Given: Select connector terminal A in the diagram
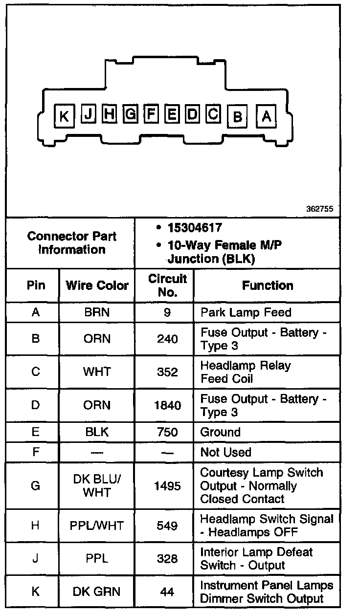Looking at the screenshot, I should click(x=267, y=116).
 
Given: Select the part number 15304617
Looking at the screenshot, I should click(x=195, y=228).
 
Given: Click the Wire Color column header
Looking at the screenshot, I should click(x=97, y=285).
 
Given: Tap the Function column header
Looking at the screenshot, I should click(x=268, y=285).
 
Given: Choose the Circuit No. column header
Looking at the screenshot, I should click(x=167, y=285).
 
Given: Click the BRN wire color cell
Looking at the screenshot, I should click(x=97, y=312).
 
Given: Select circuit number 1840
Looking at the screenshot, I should click(x=167, y=405).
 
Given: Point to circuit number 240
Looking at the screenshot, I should click(x=167, y=339).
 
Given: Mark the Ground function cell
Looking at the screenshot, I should click(x=221, y=432).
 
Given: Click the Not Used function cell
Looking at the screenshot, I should click(x=225, y=452).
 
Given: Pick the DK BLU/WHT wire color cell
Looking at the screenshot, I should click(x=97, y=486).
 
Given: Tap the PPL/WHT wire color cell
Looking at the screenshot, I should click(x=97, y=526).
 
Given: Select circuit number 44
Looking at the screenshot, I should click(x=167, y=592).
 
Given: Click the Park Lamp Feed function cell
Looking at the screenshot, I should click(x=246, y=312).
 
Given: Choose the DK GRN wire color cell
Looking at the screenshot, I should click(x=97, y=592).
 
